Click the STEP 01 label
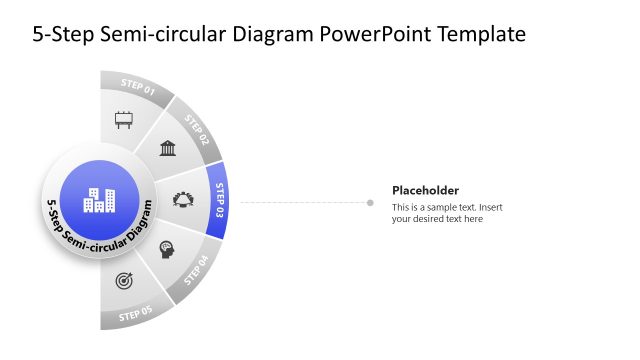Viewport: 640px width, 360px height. pos(138,85)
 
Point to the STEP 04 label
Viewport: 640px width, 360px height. pos(196,271)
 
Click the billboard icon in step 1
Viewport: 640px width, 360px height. pos(124,120)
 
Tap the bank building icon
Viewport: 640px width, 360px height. pos(168,148)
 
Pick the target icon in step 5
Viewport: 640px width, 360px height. pos(124,280)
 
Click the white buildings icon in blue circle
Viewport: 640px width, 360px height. pos(99,200)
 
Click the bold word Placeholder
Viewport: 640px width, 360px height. pos(425,190)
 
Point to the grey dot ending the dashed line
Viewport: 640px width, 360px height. pos(370,203)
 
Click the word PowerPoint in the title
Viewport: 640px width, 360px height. pos(369,34)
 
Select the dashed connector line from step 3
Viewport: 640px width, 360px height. pos(300,203)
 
